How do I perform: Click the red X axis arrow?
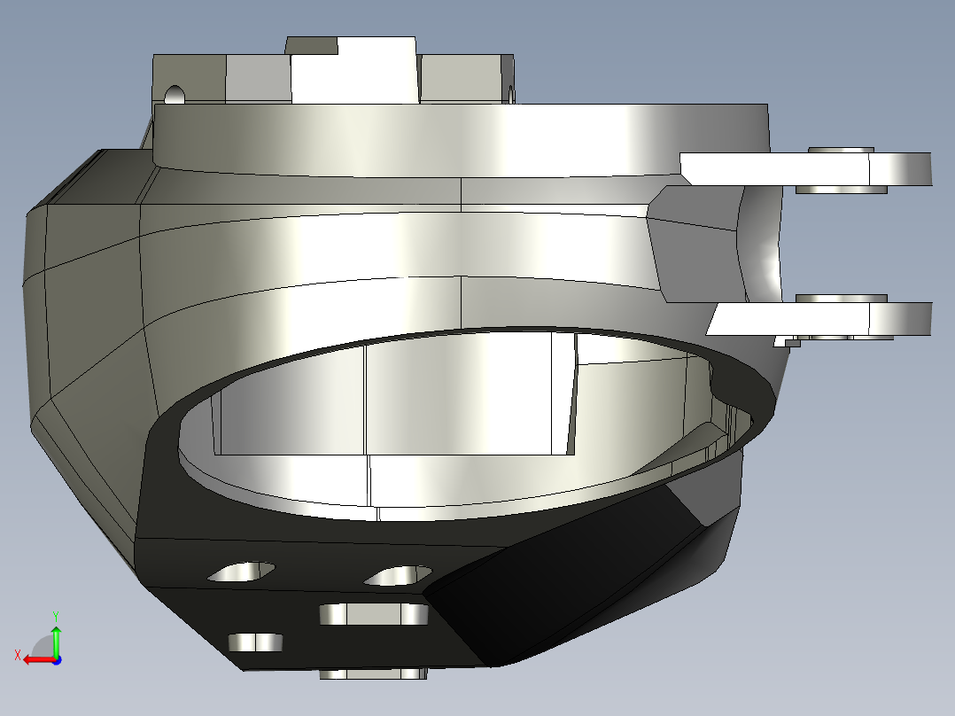tap(36, 659)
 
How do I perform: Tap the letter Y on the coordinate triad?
tap(55, 615)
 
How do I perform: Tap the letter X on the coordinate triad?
tap(18, 655)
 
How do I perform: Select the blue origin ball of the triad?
tap(56, 659)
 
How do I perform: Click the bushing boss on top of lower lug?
tap(842, 299)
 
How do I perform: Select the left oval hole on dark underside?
tap(241, 572)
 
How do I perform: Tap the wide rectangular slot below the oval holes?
tap(373, 614)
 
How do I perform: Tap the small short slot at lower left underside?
tap(256, 642)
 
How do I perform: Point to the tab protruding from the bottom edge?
tap(372, 674)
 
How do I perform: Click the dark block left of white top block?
tap(311, 45)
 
